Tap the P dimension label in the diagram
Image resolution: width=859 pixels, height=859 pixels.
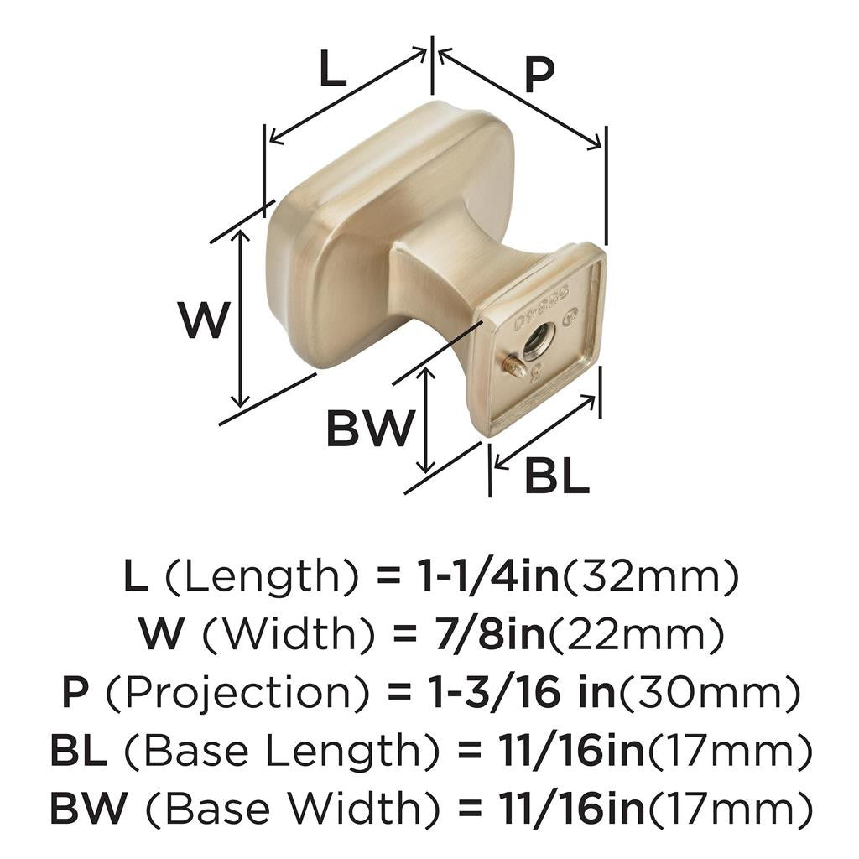pyautogui.click(x=539, y=76)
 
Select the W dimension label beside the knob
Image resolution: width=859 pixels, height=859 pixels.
pyautogui.click(x=204, y=320)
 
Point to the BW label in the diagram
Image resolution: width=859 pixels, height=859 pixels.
pyautogui.click(x=370, y=429)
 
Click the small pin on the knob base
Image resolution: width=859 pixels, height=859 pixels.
pyautogui.click(x=513, y=367)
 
